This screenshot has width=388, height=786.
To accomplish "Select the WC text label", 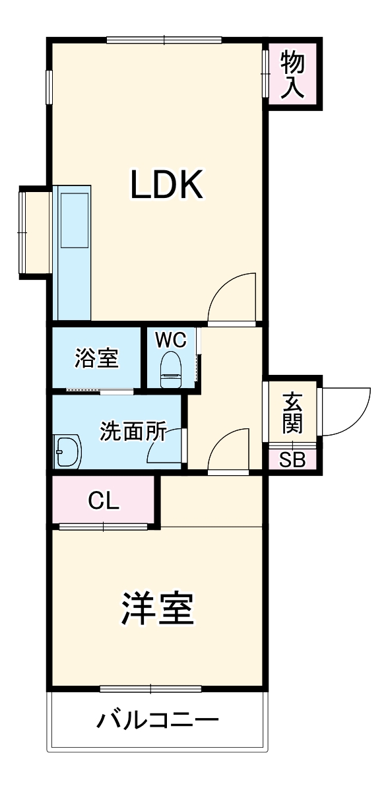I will coord(171,340).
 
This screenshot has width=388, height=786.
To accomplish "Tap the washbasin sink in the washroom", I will coord(67,452).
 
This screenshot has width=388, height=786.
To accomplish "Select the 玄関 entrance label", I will coord(292,412).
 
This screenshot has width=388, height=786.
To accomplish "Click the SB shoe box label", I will coord(292,460).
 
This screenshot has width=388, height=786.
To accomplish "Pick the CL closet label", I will coord(104,501).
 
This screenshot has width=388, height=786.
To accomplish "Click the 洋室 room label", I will coord(157,608).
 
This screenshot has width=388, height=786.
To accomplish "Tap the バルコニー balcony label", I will coord(158,719).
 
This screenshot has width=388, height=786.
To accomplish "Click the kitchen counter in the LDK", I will coord(72,251).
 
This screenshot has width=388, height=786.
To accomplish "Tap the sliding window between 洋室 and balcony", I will coord(150,690).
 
